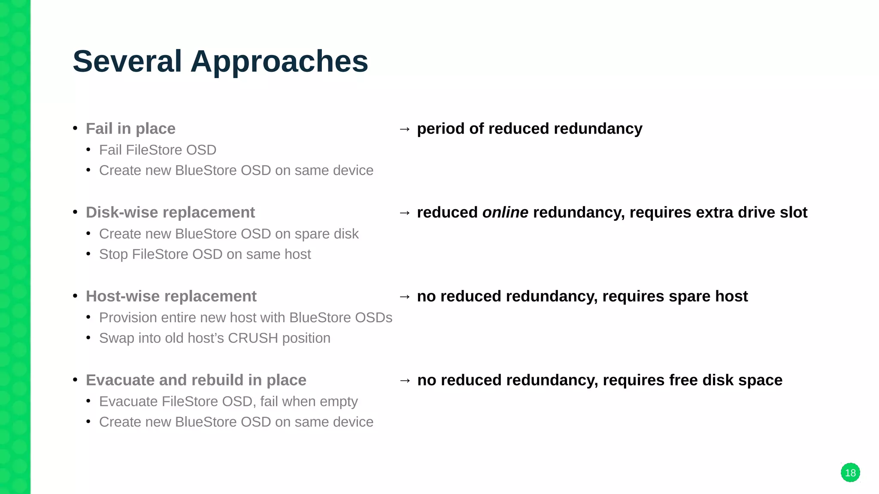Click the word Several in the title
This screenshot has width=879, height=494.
[127, 61]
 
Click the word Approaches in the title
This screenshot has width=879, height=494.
[279, 62]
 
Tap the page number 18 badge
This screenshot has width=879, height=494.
[850, 473]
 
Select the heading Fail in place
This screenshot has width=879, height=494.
[130, 128]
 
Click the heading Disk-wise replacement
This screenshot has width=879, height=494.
[170, 212]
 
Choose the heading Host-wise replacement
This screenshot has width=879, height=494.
[171, 296]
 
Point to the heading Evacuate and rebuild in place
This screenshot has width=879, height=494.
[196, 380]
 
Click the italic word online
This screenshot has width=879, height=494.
[505, 212]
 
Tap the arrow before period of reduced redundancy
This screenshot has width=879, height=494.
[404, 129]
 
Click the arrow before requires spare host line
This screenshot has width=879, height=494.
[404, 296]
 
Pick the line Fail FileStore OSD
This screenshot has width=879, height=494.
[158, 150]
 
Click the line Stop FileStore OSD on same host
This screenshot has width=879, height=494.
[205, 254]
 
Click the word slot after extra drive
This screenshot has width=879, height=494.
[794, 212]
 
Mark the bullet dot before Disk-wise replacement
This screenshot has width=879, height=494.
[75, 212]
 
